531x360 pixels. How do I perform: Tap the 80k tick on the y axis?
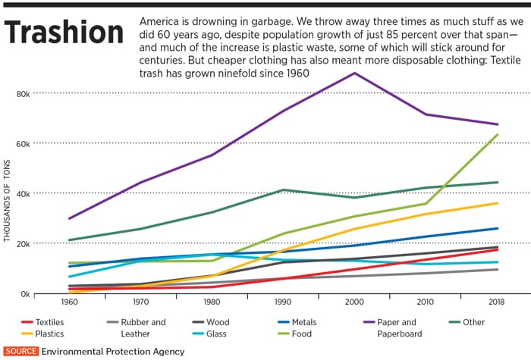click(x=41, y=93)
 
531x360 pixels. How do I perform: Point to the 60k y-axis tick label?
click(x=41, y=143)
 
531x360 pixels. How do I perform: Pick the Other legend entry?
click(x=473, y=322)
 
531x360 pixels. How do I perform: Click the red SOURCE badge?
click(x=20, y=351)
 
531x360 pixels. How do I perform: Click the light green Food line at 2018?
click(x=498, y=135)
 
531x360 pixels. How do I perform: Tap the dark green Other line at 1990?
click(x=283, y=189)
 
